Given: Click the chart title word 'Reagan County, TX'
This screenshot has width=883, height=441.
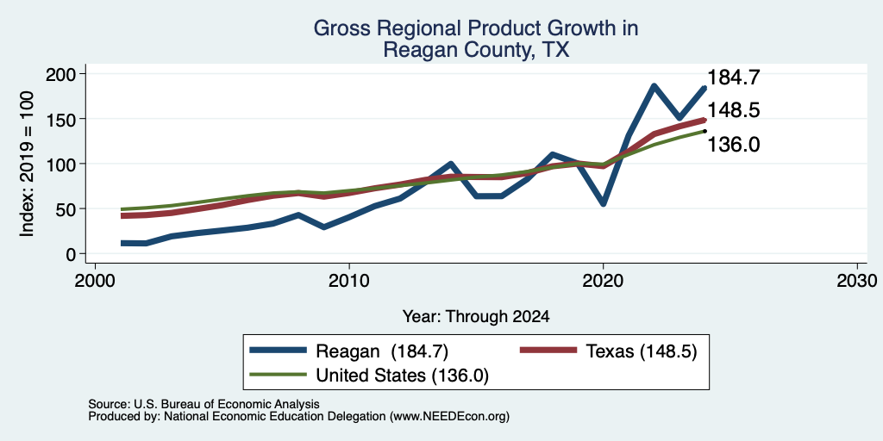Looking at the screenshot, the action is click(x=476, y=50).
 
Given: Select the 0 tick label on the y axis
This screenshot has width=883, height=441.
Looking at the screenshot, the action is click(x=72, y=254).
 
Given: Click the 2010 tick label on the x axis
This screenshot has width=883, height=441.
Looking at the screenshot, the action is click(x=349, y=280).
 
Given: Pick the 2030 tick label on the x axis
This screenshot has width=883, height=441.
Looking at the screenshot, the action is click(x=857, y=280).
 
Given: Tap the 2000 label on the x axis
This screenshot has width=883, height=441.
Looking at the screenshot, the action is click(x=95, y=280).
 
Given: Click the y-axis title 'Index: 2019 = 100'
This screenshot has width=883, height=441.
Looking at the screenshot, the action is click(x=27, y=164).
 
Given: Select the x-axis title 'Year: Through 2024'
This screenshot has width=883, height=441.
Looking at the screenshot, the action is click(x=476, y=317).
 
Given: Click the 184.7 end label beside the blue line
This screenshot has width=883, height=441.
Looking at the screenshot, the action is click(x=733, y=77).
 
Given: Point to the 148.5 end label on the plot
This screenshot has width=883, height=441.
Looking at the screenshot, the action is click(x=733, y=109).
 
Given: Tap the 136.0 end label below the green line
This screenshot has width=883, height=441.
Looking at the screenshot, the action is click(x=733, y=145).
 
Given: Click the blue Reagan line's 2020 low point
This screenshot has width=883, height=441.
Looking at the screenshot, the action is click(x=603, y=204).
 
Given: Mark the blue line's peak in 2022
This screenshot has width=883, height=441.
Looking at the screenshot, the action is click(x=654, y=86).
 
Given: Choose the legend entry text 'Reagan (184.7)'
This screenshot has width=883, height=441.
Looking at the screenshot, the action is click(x=382, y=351).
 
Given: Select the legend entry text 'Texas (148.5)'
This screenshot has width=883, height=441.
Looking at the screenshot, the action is click(x=642, y=351).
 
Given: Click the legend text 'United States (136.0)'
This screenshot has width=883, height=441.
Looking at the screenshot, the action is click(x=402, y=376).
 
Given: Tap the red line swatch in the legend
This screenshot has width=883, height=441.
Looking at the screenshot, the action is click(x=548, y=351).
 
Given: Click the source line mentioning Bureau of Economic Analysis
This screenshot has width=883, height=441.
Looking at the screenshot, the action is click(x=204, y=404).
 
